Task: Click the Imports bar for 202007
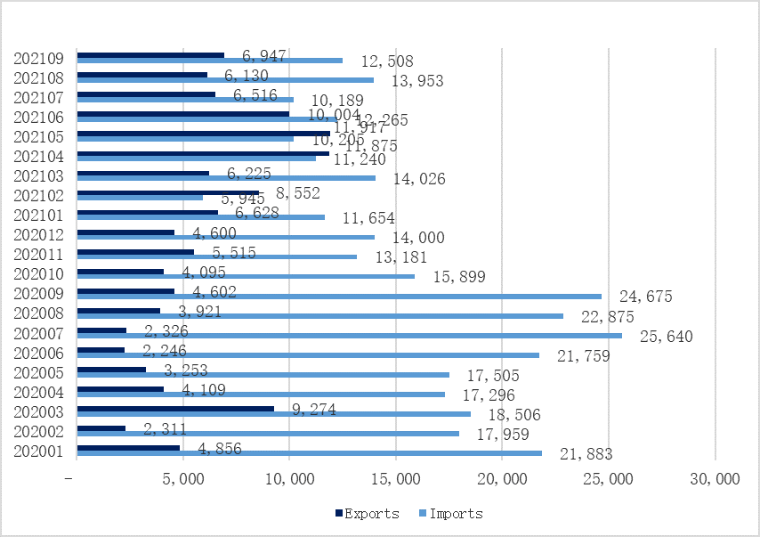point(350,335)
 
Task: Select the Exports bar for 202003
point(175,409)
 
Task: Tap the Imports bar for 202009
point(339,296)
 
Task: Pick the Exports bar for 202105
point(204,134)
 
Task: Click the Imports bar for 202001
point(310,453)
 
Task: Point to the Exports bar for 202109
point(150,55)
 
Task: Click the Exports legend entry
point(367,513)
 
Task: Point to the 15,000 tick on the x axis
point(396,479)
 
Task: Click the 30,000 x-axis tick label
point(715,479)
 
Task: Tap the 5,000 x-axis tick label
point(183,479)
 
